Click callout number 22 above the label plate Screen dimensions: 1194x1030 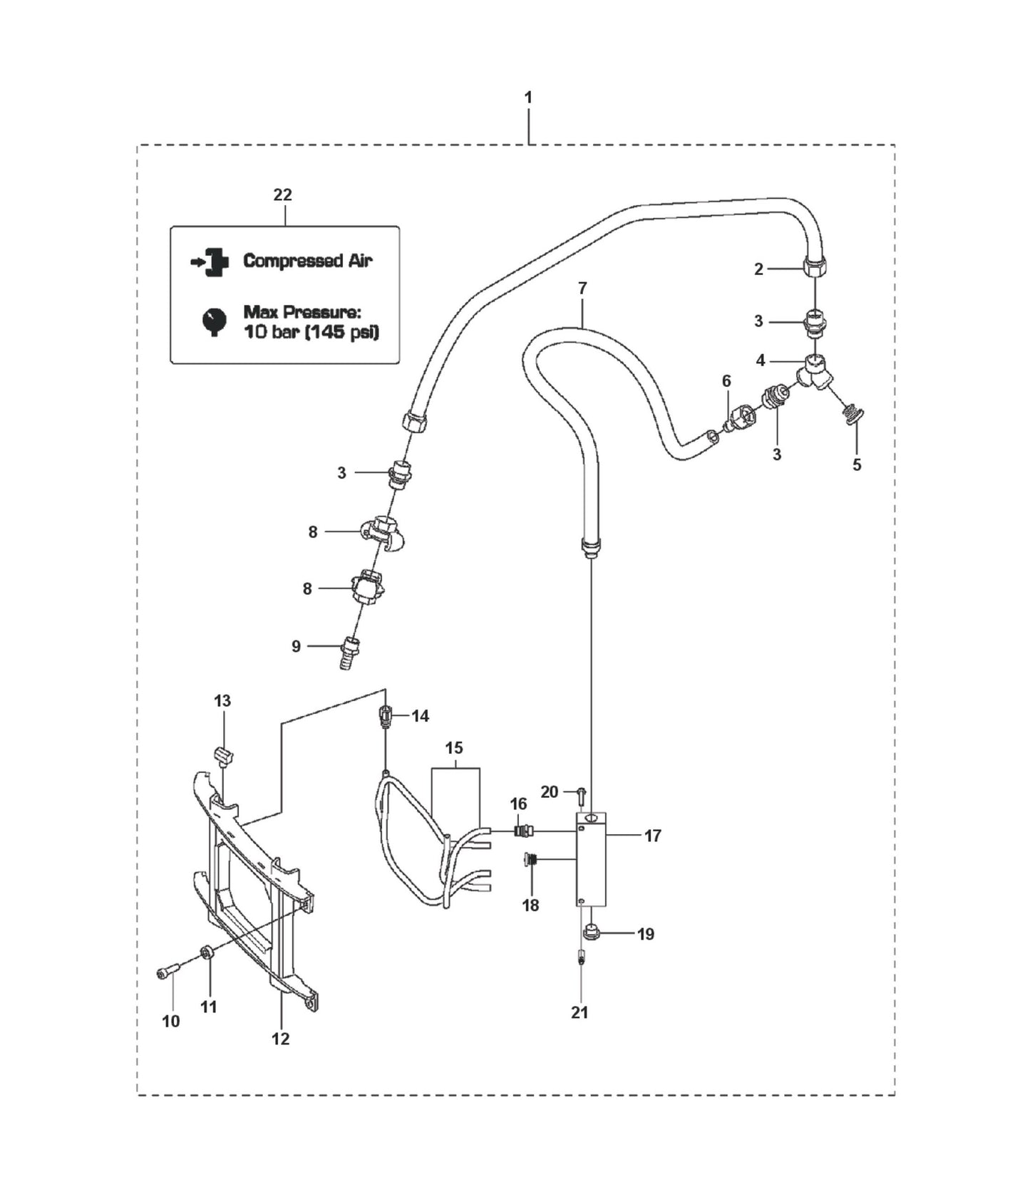point(283,194)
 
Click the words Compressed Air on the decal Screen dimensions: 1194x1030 point(307,261)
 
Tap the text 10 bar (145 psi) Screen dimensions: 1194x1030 point(311,332)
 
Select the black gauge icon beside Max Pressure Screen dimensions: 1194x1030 point(214,321)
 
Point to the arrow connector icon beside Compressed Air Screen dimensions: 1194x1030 point(211,261)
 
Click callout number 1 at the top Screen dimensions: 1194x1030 point(528,98)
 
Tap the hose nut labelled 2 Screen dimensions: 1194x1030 point(815,266)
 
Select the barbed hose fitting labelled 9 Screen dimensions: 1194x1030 point(350,651)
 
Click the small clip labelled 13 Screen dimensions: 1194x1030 point(225,755)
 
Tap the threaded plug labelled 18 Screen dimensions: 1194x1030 point(529,861)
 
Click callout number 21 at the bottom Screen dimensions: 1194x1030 point(580,1012)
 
